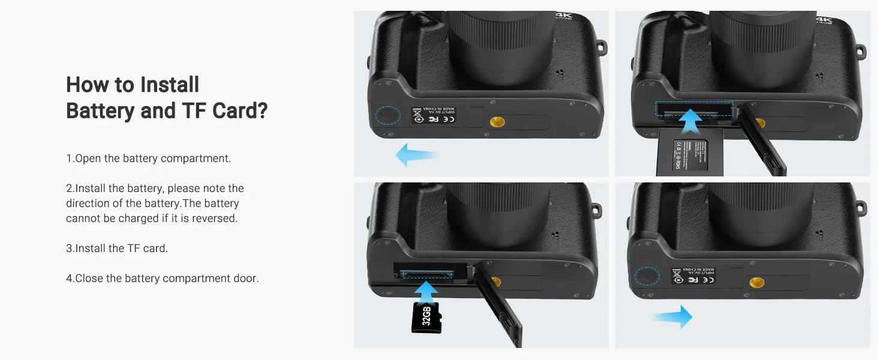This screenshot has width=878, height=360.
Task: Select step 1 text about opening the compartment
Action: pyautogui.click(x=148, y=158)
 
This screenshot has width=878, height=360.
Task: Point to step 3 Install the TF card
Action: pyautogui.click(x=117, y=248)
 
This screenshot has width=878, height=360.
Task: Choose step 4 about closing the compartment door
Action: pyautogui.click(x=163, y=278)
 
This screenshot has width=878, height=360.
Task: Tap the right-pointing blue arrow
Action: pyautogui.click(x=672, y=316)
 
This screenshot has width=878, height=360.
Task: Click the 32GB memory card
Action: pyautogui.click(x=426, y=317)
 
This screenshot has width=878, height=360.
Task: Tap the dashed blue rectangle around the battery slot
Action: pyautogui.click(x=694, y=109)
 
